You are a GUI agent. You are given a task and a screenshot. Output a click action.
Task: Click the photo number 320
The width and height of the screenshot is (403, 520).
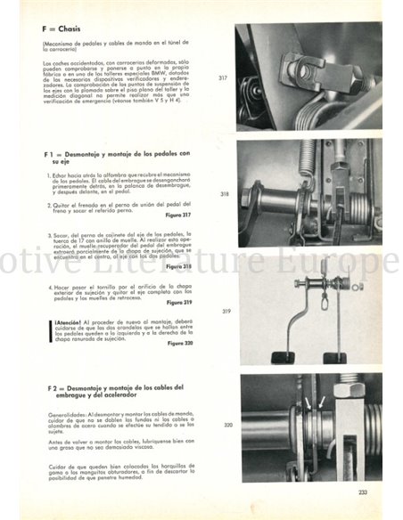226,426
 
